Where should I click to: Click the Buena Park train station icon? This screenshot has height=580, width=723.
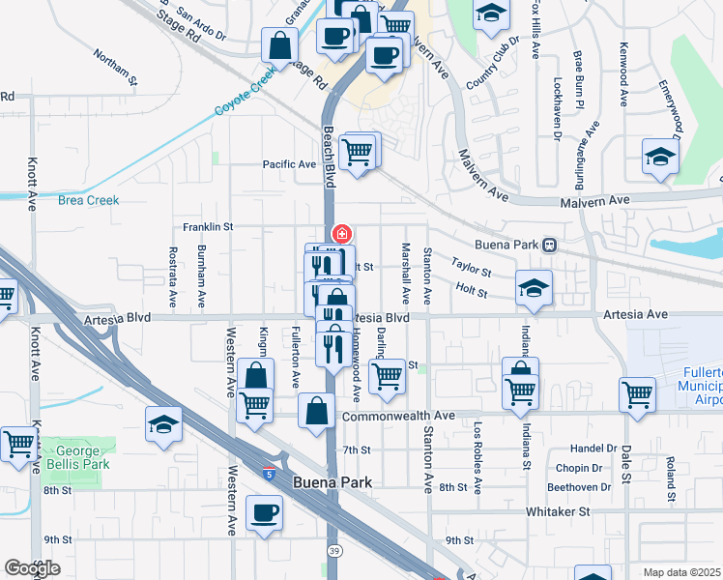[549, 246]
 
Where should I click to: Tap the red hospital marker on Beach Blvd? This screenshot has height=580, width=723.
[341, 233]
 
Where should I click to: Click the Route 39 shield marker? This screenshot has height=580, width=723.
[333, 550]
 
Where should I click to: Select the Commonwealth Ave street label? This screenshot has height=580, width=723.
[398, 416]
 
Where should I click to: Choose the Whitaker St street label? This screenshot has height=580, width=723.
[558, 510]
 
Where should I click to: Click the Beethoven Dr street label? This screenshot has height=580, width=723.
[577, 486]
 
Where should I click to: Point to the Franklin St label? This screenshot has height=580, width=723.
[209, 227]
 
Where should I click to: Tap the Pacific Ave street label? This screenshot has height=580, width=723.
[290, 164]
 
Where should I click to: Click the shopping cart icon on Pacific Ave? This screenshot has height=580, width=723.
[358, 152]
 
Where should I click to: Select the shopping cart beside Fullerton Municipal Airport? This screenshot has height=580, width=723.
[637, 394]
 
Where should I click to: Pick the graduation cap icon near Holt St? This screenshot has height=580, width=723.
[532, 289]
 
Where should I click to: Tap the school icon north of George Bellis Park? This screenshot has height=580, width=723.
[163, 423]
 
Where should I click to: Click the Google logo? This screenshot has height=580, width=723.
[32, 568]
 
